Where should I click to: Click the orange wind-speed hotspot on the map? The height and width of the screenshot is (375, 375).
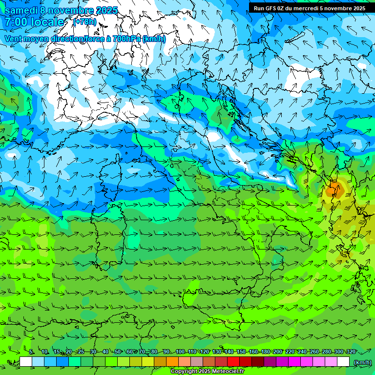pyautogui.click(x=333, y=189)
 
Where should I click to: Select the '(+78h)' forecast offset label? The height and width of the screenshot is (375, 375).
pyautogui.click(x=84, y=22)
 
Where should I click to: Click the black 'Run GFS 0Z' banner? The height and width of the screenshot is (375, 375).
pyautogui.click(x=309, y=8)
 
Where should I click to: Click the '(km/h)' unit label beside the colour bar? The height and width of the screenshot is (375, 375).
pyautogui.click(x=361, y=362)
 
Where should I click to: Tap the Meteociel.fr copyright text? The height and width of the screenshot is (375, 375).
pyautogui.click(x=207, y=372)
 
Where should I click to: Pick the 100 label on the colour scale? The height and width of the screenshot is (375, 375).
pyautogui.click(x=180, y=352)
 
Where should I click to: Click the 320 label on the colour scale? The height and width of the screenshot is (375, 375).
pyautogui.click(x=351, y=352)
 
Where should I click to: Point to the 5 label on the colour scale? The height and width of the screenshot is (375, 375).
pyautogui.click(x=31, y=352)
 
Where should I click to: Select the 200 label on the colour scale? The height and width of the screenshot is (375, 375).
pyautogui.click(x=278, y=352)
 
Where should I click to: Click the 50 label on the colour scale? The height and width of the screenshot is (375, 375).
pyautogui.click(x=118, y=352)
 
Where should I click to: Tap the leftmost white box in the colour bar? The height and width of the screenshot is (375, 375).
pyautogui.click(x=26, y=362)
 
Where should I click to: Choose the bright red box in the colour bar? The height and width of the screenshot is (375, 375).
pyautogui.click(x=233, y=362)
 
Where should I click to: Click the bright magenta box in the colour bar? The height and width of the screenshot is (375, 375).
pyautogui.click(x=294, y=362)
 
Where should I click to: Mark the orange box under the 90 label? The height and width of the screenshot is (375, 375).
pyautogui.click(x=172, y=362)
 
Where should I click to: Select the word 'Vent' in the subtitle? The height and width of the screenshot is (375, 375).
pyautogui.click(x=13, y=39)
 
